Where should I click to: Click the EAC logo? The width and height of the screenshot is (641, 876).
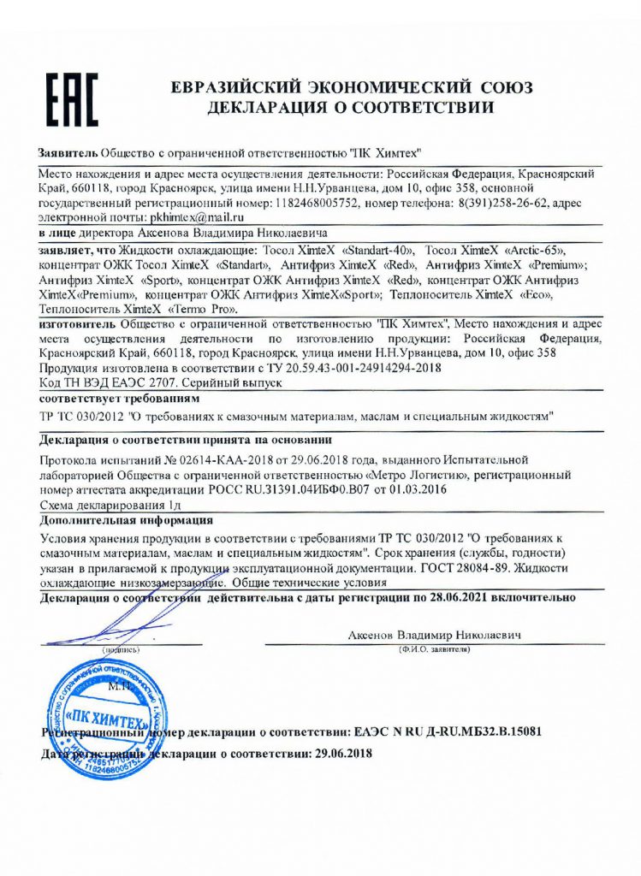(x=71, y=98)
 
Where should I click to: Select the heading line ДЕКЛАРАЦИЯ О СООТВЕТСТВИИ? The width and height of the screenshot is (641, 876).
(x=351, y=109)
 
